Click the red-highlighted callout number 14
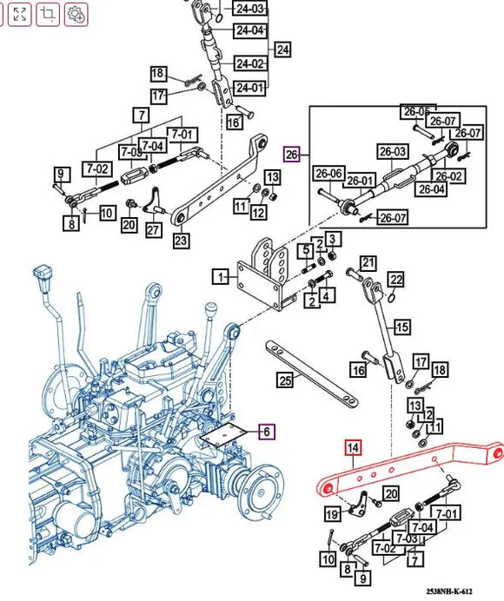click(x=353, y=448)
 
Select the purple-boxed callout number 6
click(x=267, y=432)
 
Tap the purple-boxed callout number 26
click(x=292, y=155)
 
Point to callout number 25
click(x=283, y=380)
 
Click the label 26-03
click(x=391, y=152)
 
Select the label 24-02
click(x=250, y=63)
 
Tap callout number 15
click(x=401, y=327)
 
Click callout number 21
click(x=368, y=263)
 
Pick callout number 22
click(x=396, y=280)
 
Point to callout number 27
click(x=153, y=230)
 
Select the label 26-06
click(x=328, y=174)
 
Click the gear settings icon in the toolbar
click(x=76, y=13)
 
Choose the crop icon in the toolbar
click(x=48, y=13)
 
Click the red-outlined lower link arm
click(x=408, y=470)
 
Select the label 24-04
click(x=250, y=30)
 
